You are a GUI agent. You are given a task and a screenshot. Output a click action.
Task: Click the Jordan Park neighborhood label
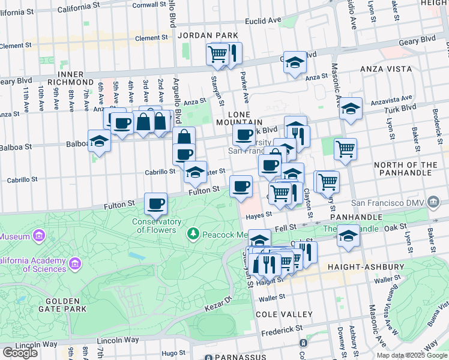tap(204, 36)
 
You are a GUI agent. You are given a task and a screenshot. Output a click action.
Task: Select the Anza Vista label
tap(384, 69)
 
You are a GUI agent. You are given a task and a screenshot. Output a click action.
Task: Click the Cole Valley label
tap(284, 314)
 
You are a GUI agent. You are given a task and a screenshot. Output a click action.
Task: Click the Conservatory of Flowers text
tap(157, 226)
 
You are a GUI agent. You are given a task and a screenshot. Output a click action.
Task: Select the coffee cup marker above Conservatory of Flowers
tap(156, 204)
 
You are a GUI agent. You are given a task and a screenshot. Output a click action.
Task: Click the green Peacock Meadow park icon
tap(193, 233)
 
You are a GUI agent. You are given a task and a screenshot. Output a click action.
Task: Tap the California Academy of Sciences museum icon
tap(75, 263)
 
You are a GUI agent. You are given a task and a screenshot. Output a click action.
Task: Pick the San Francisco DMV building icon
tap(433, 204)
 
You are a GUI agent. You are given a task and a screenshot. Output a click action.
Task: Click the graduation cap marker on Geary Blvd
tap(295, 62)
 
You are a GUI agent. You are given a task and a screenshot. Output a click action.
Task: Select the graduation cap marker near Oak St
tap(348, 235)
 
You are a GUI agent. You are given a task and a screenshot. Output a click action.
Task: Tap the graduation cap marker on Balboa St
tap(99, 141)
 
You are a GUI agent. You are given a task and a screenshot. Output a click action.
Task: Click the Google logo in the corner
tap(20, 352)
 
